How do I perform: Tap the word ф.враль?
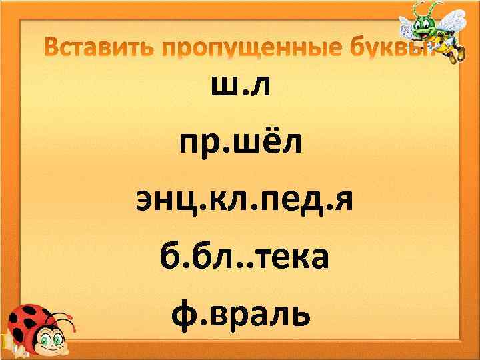click(240, 312)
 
